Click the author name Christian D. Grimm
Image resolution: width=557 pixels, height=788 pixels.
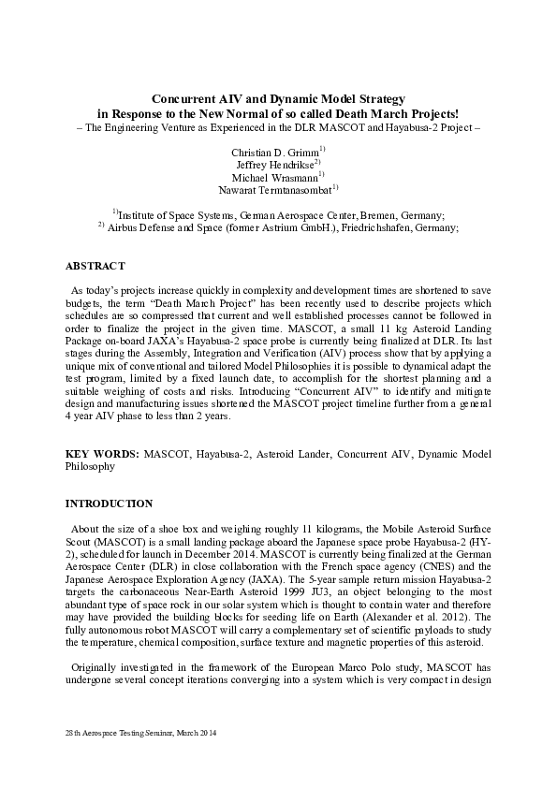point(275,151)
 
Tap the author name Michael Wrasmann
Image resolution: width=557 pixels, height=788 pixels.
point(275,176)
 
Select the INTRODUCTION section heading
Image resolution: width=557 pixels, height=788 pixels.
point(109,503)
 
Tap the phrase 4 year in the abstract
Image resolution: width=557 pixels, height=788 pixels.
point(79,414)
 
